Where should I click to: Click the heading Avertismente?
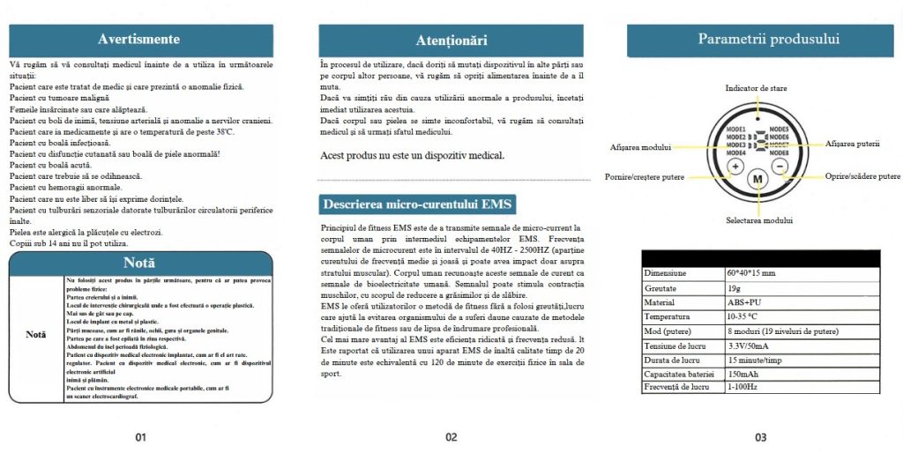[138, 39]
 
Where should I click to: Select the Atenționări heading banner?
[451, 41]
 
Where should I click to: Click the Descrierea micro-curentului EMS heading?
[411, 204]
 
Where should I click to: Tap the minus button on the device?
[780, 165]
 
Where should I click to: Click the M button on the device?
[757, 178]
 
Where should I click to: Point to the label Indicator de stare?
[756, 89]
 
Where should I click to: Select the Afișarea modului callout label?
[640, 146]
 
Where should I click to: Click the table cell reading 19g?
[734, 287]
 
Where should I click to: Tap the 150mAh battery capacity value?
[743, 373]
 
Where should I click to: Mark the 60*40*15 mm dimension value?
[750, 273]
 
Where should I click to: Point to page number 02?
[451, 436]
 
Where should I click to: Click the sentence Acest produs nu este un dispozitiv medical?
[412, 156]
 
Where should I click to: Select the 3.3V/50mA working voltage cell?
[749, 345]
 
